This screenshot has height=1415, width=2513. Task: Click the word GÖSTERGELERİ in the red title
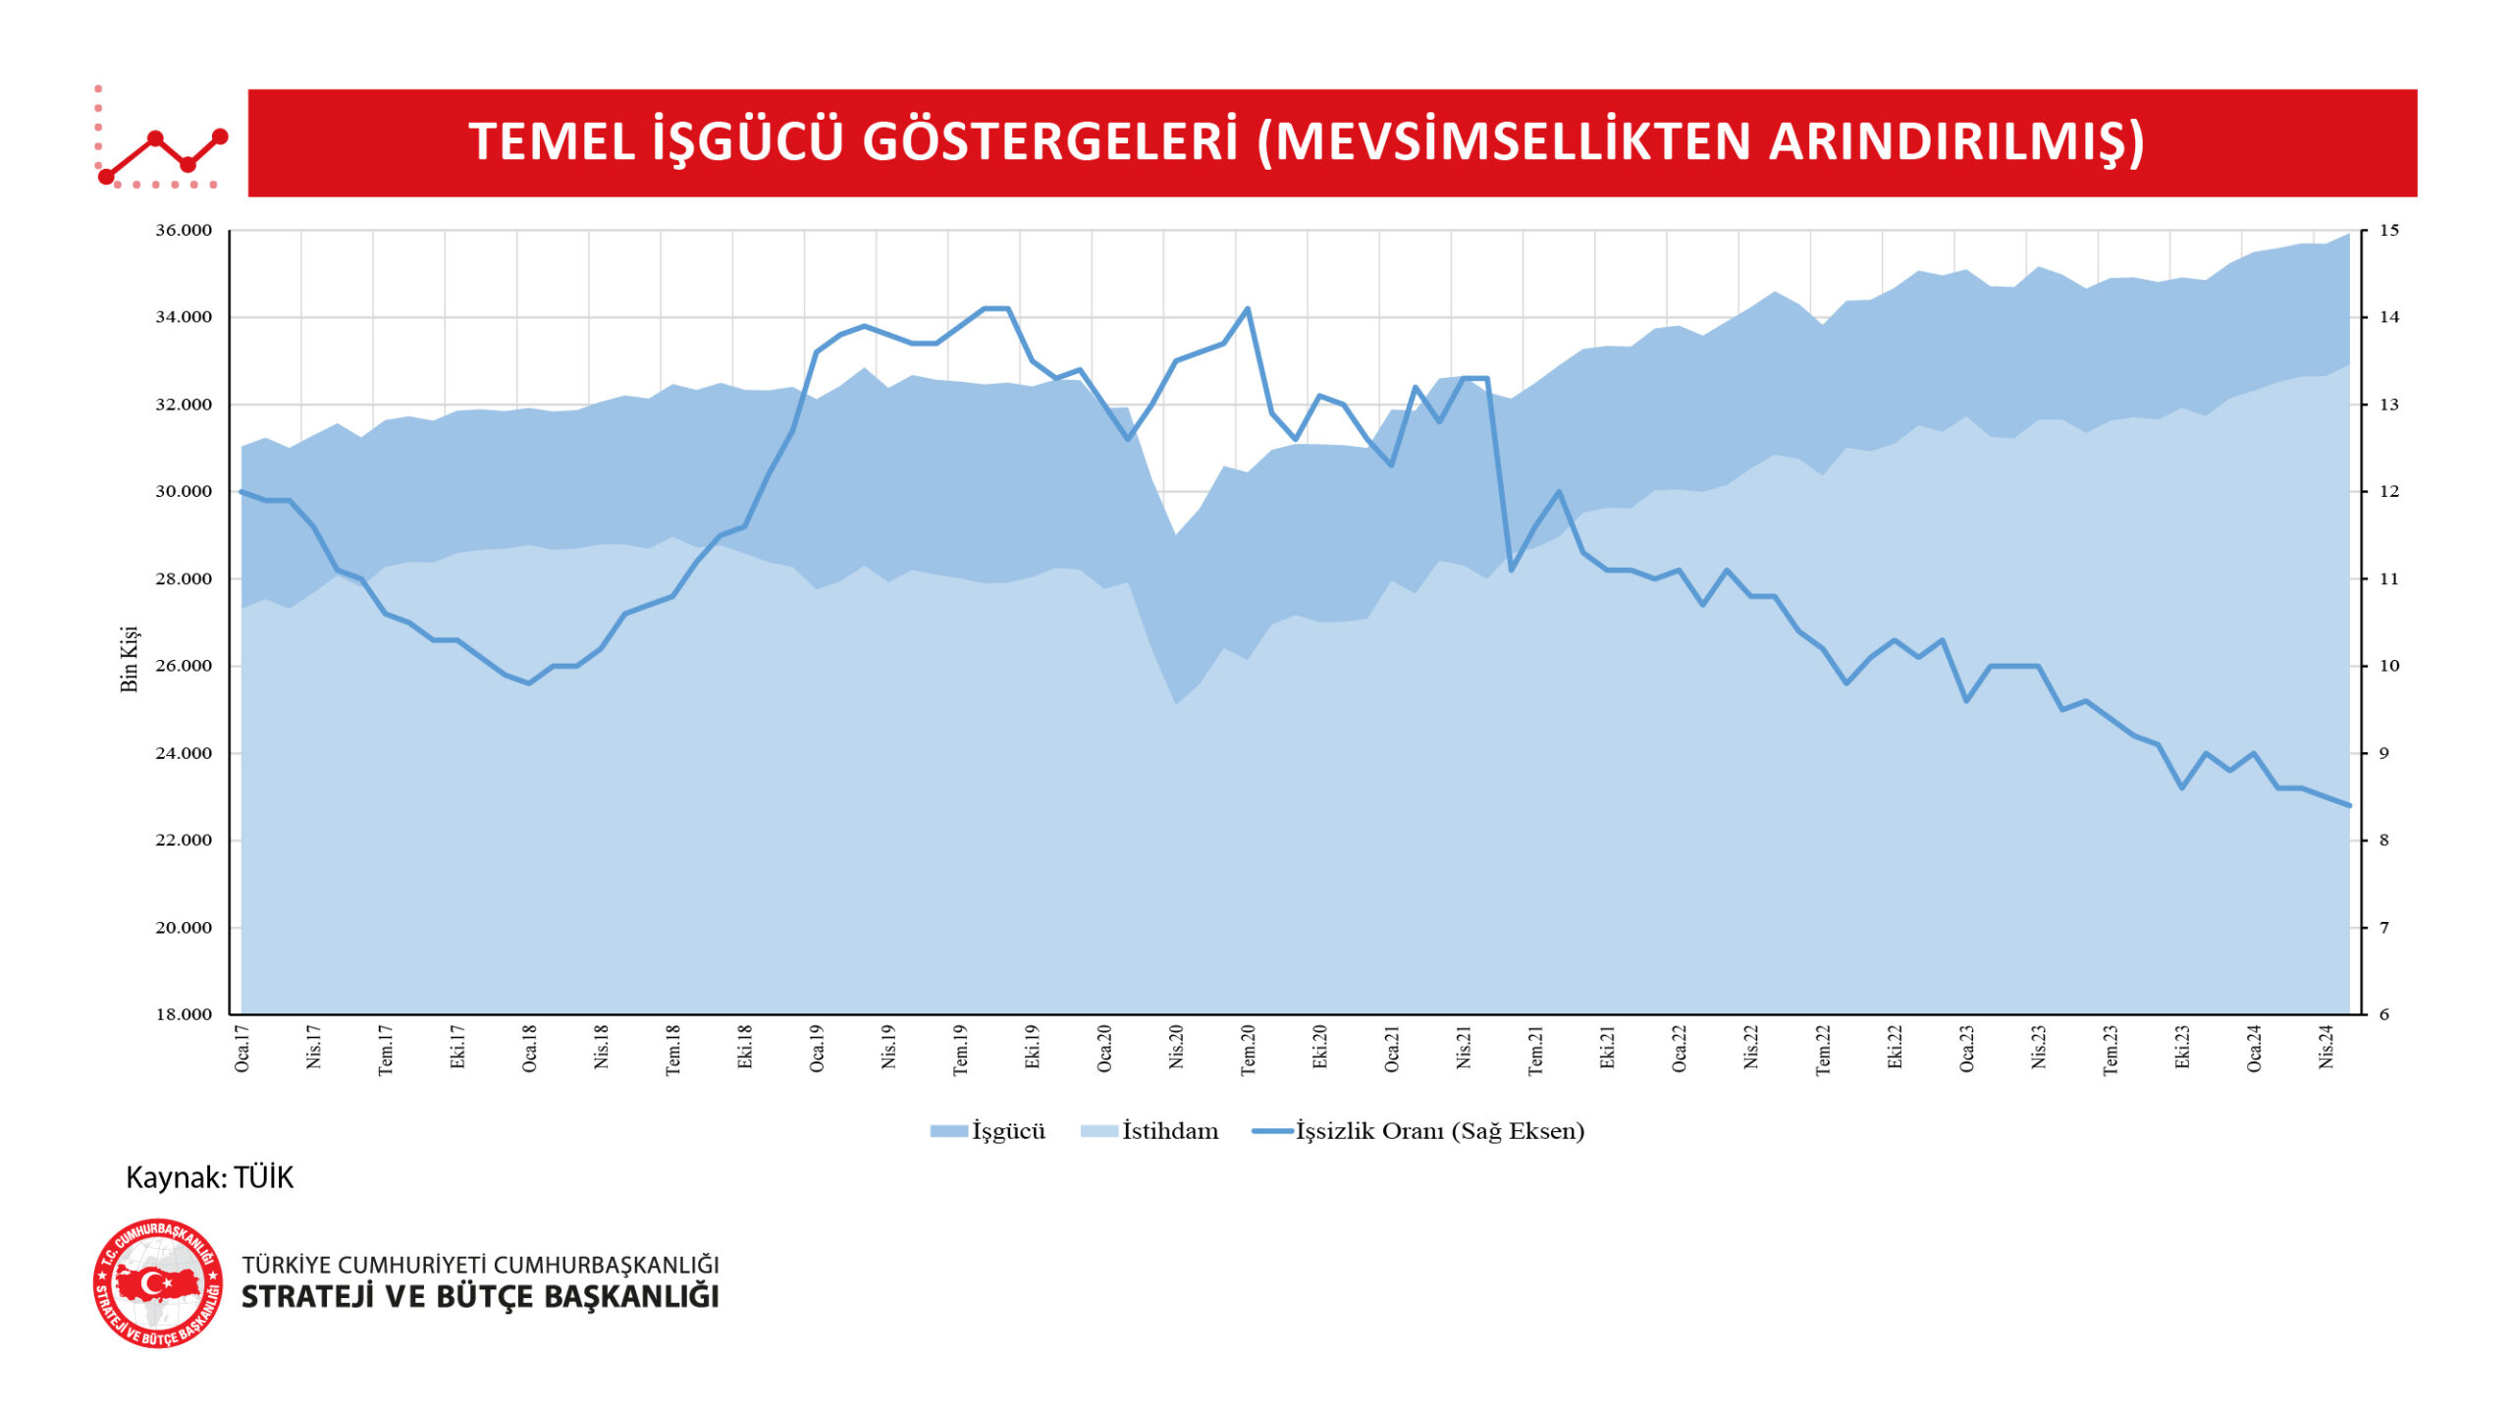click(1049, 142)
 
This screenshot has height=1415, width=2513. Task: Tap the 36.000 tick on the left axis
click(184, 231)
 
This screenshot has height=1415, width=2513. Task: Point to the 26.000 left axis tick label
click(184, 666)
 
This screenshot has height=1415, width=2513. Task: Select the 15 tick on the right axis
click(2388, 231)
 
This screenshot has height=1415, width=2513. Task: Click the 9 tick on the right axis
click(2383, 753)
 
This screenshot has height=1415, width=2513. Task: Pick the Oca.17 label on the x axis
click(242, 1049)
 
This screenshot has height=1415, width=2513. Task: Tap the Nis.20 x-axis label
click(1176, 1049)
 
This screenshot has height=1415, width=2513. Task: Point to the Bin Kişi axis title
click(130, 659)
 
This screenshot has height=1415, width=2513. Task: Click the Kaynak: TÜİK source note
click(209, 1177)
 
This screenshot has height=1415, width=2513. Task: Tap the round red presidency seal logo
click(158, 1284)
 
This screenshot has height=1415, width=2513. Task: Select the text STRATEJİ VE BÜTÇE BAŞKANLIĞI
click(480, 1297)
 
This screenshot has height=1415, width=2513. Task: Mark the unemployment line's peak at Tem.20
click(1248, 308)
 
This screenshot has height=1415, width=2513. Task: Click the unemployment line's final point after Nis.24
click(2350, 805)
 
